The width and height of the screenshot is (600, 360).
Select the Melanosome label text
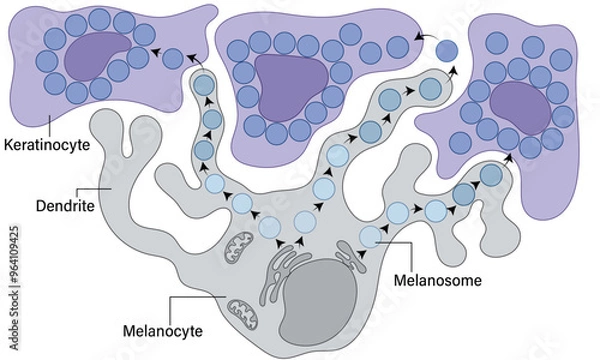436,281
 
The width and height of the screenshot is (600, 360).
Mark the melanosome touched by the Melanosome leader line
371,237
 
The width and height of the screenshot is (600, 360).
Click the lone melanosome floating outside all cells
447,48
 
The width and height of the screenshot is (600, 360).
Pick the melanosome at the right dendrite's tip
490,174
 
